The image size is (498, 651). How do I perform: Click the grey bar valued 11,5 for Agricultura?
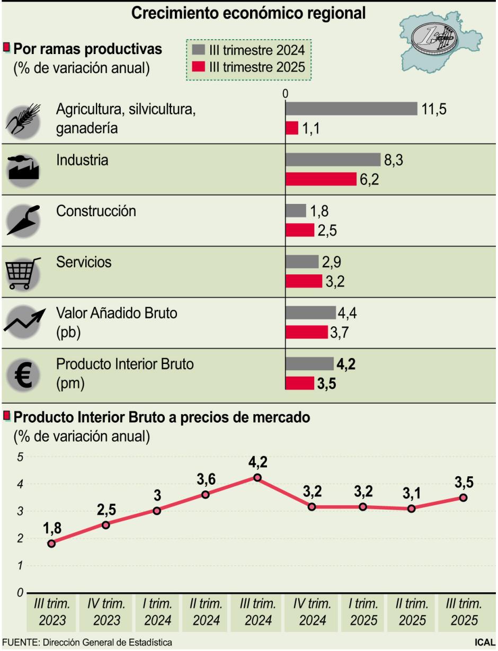(351, 109)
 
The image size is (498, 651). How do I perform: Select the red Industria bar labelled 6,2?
(321, 180)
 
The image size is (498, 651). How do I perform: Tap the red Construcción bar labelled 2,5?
(300, 230)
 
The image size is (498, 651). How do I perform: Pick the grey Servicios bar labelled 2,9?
(301, 262)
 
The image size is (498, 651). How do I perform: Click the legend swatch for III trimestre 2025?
(198, 67)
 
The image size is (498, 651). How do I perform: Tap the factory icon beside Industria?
(22, 170)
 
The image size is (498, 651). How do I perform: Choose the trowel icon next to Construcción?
(22, 220)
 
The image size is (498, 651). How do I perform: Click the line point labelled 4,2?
(257, 478)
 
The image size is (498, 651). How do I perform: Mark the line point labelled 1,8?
(51, 543)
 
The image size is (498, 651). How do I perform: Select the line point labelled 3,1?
(412, 509)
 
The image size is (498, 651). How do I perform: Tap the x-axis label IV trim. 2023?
(106, 612)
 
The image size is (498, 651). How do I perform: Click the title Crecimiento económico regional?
(248, 14)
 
